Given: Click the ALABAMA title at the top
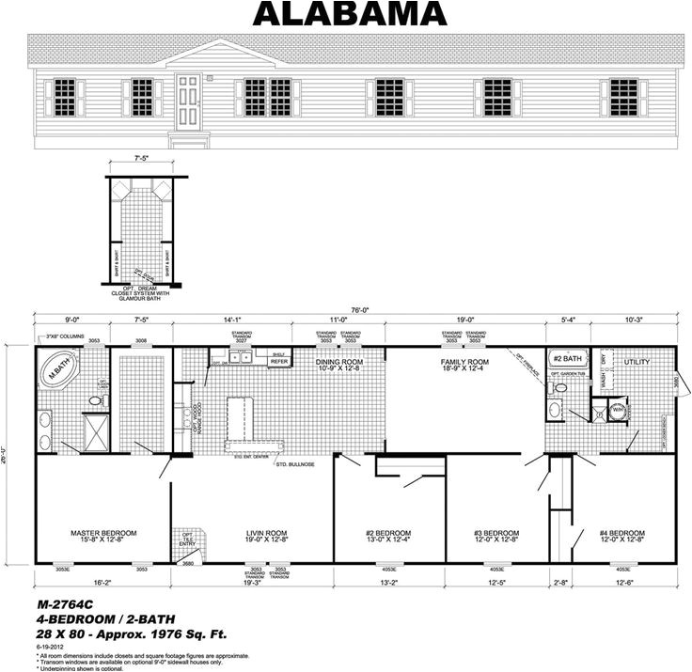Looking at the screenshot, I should click(349, 14).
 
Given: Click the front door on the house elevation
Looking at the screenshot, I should click(187, 102).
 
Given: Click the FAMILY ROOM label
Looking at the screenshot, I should click(464, 362).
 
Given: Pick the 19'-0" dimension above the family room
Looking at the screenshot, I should click(464, 321).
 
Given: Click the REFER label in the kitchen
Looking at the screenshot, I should click(278, 361).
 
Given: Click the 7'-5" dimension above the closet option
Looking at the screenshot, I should click(141, 161).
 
